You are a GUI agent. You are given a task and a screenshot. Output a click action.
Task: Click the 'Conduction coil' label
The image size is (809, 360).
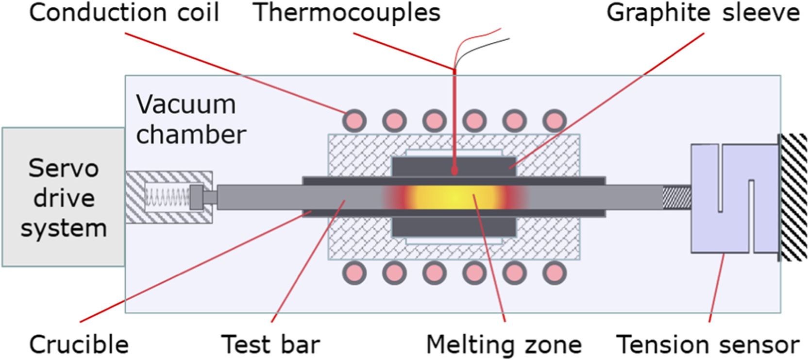tap(124, 13)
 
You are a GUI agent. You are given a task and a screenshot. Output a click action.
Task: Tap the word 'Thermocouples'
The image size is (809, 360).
tap(348, 13)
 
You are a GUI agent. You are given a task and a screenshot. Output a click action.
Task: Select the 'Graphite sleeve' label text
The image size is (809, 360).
tap(703, 13)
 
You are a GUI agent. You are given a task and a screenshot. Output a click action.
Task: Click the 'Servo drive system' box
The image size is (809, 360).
tap(63, 197)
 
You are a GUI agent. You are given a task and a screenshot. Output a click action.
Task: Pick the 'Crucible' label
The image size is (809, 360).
tap(79, 344)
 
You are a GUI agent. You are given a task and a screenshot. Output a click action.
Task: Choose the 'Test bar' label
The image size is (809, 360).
tap(270, 344)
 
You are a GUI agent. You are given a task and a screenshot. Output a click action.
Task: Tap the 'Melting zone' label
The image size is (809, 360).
tap(504, 344)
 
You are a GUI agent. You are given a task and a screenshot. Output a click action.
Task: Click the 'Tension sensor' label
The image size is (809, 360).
tap(708, 344)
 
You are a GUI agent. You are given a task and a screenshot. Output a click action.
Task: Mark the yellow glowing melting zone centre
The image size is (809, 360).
tap(454, 197)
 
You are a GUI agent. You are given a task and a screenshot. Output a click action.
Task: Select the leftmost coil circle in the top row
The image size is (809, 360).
tap(354, 119)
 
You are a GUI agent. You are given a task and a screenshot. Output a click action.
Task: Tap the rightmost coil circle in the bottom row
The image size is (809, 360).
tap(554, 274)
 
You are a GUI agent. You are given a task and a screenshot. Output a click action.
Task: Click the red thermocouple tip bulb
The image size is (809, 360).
tap(455, 171)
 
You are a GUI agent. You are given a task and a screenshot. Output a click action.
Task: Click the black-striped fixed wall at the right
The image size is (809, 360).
tap(793, 197)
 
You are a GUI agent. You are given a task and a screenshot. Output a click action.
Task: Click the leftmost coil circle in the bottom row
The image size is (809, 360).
tap(354, 274)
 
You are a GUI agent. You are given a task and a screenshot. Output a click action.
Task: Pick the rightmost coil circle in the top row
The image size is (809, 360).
tap(554, 119)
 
